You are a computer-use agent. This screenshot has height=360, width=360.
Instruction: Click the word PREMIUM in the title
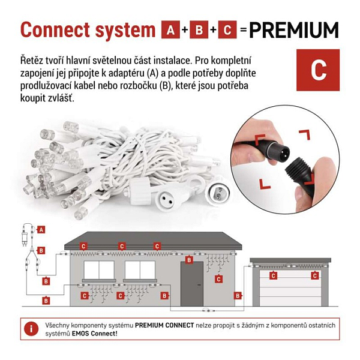293,30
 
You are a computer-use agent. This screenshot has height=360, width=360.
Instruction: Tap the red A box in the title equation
170,29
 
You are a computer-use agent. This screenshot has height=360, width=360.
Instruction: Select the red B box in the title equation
199,29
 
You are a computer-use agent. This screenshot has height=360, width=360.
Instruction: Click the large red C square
318,70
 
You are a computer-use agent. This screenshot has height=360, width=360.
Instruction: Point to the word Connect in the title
55,30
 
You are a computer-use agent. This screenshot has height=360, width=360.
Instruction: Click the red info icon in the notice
31,329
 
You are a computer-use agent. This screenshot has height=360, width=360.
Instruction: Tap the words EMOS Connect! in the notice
95,334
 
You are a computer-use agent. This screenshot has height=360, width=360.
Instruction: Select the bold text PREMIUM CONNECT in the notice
164,325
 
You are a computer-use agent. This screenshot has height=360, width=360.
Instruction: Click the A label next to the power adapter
41,230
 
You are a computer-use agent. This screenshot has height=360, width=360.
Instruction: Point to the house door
192,284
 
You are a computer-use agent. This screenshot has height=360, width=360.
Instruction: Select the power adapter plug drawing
24,237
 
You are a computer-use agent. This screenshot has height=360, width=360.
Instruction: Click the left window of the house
99,270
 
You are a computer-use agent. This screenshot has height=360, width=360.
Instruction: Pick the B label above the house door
189,260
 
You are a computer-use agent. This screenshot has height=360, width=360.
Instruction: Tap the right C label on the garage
315,275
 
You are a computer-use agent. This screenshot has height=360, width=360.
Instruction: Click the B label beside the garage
238,296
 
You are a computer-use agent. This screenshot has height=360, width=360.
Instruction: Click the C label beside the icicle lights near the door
218,279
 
